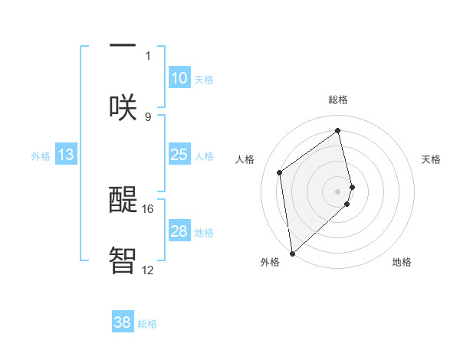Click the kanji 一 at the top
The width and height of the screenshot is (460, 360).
click(123, 44)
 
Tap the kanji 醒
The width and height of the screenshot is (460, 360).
click(123, 198)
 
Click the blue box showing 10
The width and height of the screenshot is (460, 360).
click(179, 78)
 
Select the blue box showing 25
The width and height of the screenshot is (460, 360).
click(179, 155)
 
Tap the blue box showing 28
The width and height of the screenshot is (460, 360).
click(179, 231)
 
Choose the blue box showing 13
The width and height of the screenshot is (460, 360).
click(66, 155)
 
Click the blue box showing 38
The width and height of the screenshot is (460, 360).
click(123, 322)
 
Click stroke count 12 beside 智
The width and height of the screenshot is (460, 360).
click(148, 270)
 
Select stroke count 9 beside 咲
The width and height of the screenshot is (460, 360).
click(148, 116)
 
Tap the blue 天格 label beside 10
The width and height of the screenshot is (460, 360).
click(204, 80)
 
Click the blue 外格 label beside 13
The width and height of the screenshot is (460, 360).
click(41, 156)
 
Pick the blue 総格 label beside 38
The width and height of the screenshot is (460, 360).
click(147, 324)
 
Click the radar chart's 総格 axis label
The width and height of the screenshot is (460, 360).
click(338, 100)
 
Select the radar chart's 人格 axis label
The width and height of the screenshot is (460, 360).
click(245, 159)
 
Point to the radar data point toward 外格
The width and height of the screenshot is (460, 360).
click(292, 253)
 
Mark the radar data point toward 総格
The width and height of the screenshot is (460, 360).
click(338, 131)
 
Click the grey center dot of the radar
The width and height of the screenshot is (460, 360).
click(338, 191)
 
